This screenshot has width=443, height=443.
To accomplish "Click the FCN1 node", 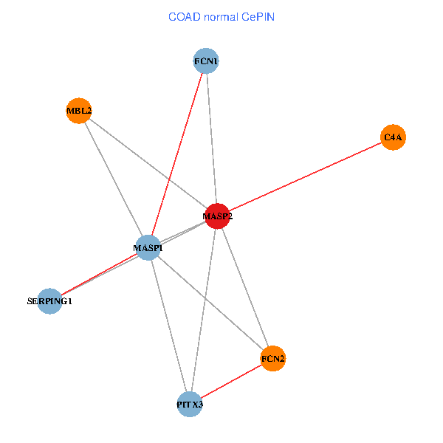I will tap(206, 61).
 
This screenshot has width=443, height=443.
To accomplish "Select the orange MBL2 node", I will tap(78, 111).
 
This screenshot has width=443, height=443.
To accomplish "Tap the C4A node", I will tap(394, 137).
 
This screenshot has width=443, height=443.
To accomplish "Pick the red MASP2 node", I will tap(217, 216).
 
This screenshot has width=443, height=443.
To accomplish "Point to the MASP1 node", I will tap(148, 247).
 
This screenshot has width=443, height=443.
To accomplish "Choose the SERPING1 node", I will tap(49, 301).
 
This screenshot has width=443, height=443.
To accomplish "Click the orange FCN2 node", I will tap(272, 359).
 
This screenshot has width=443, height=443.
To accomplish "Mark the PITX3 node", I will tap(190, 405).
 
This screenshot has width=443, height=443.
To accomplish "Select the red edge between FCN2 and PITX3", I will tap(231, 382).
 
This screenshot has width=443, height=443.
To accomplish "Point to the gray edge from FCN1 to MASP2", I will tap(211, 137).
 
